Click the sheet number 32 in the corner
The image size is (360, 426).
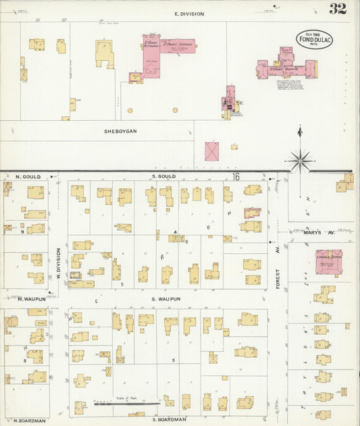(338, 9)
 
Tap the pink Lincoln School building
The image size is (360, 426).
(329, 262)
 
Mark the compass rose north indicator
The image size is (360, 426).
(300, 159)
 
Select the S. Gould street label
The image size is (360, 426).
(164, 176)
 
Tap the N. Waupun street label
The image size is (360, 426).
(30, 298)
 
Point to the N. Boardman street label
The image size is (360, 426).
(30, 420)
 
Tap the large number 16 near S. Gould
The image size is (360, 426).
(236, 176)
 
